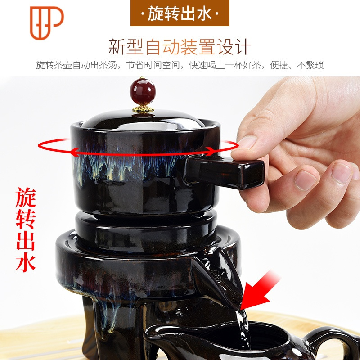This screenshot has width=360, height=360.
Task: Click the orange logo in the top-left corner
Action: tap(46, 22)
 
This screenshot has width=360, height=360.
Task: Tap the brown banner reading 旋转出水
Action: tap(180, 13)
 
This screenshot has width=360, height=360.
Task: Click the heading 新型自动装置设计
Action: tap(180, 46)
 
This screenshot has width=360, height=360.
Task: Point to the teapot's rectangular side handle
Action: tap(225, 171)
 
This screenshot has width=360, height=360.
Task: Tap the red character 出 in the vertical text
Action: tap(26, 239)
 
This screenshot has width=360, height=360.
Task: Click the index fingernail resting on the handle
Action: tap(247, 143)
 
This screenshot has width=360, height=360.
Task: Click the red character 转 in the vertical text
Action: tap(26, 218)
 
